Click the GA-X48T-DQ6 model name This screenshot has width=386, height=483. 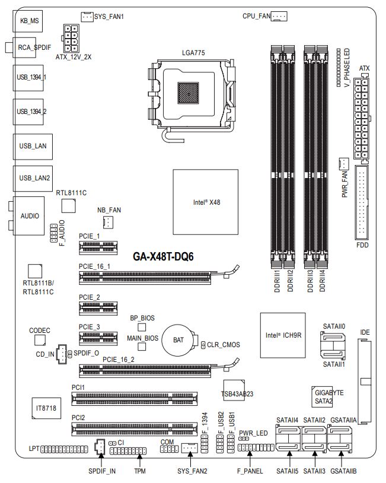pyautogui.click(x=164, y=256)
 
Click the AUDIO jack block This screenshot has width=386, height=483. pyautogui.click(x=29, y=216)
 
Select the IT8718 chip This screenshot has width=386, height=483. pyautogui.click(x=46, y=408)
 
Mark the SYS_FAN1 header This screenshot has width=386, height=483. pyautogui.click(x=87, y=17)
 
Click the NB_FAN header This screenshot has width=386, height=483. pyautogui.click(x=108, y=223)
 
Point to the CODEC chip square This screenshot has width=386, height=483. pyautogui.click(x=40, y=339)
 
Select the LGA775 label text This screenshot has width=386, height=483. pyautogui.click(x=193, y=53)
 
